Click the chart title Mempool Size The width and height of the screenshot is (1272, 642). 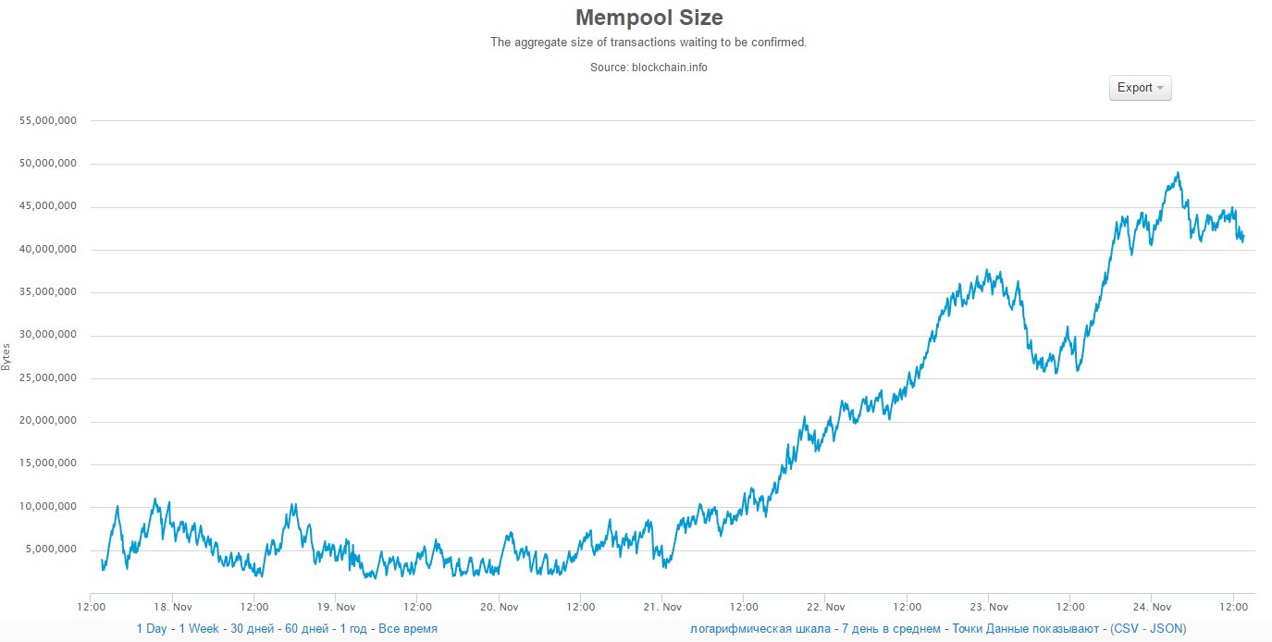(x=648, y=18)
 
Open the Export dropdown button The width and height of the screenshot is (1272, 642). (x=1140, y=88)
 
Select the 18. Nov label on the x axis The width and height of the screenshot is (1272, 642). (x=173, y=607)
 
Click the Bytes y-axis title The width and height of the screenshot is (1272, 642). (x=6, y=357)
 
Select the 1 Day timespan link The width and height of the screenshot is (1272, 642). (x=152, y=629)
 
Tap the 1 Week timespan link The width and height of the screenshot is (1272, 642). (x=199, y=629)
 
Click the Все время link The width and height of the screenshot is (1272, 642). (x=408, y=629)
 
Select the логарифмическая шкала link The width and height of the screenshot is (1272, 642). (x=760, y=629)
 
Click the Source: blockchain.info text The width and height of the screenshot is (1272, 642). (x=648, y=67)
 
